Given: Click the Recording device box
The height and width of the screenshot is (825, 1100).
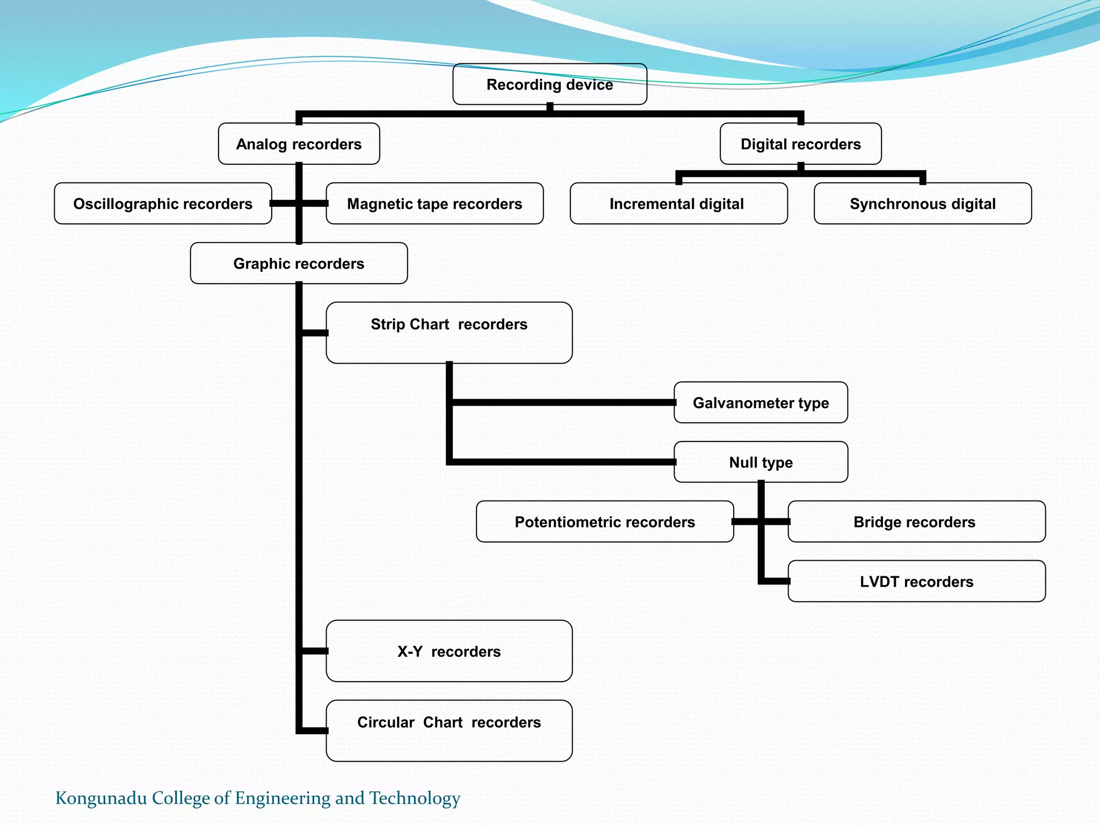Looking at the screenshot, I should tap(549, 84).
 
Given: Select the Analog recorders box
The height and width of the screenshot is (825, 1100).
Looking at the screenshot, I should tap(299, 144).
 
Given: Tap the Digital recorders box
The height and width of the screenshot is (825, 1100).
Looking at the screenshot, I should tap(800, 144).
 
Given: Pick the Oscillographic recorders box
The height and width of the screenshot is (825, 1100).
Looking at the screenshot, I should tap(163, 204).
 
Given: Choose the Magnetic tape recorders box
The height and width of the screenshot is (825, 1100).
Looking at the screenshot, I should tap(435, 204).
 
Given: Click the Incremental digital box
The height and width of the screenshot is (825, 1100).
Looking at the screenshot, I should tap(678, 204).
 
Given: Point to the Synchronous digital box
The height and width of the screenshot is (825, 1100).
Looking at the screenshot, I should tap(922, 204).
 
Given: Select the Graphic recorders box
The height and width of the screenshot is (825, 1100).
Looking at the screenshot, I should tap(299, 263).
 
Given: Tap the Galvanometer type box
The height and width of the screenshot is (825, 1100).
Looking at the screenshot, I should tap(761, 403).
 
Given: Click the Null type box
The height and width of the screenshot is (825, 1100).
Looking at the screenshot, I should tap(761, 462).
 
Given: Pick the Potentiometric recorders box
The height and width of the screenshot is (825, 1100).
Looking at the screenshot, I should tap(605, 522).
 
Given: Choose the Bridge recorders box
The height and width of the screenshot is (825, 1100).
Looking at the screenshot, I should tap(916, 522).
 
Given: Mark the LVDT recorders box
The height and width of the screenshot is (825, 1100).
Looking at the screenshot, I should tap(916, 581).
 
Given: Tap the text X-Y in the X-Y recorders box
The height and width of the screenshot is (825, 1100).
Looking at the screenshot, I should tap(410, 652).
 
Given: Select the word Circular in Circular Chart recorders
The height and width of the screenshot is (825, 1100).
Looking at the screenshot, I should tap(386, 722).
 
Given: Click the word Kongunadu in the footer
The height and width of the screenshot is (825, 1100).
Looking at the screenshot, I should tap(102, 798).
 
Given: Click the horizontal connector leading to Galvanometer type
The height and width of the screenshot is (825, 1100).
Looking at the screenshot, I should tap(561, 403).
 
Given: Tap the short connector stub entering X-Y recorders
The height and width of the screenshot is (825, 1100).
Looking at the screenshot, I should tap(315, 651).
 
